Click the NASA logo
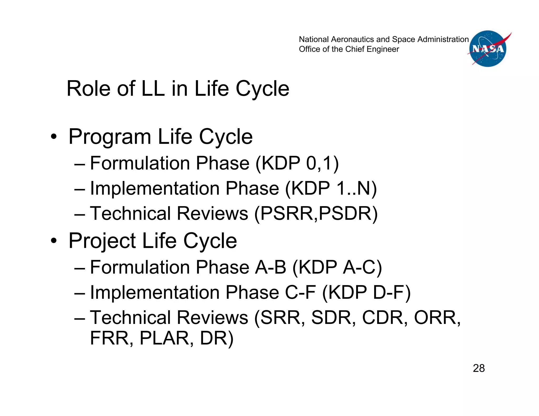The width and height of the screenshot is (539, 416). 488,49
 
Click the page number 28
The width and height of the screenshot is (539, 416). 479,368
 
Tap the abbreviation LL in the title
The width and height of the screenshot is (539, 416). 153,89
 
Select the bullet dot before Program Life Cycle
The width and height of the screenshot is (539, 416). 54,137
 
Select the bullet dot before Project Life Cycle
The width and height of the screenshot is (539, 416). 54,241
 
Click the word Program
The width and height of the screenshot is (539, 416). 110,137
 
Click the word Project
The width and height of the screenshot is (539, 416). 102,241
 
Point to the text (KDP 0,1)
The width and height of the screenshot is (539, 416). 297,163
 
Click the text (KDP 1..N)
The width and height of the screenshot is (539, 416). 331,189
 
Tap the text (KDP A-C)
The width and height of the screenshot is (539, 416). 337,267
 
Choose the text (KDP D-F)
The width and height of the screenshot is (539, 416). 366,292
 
